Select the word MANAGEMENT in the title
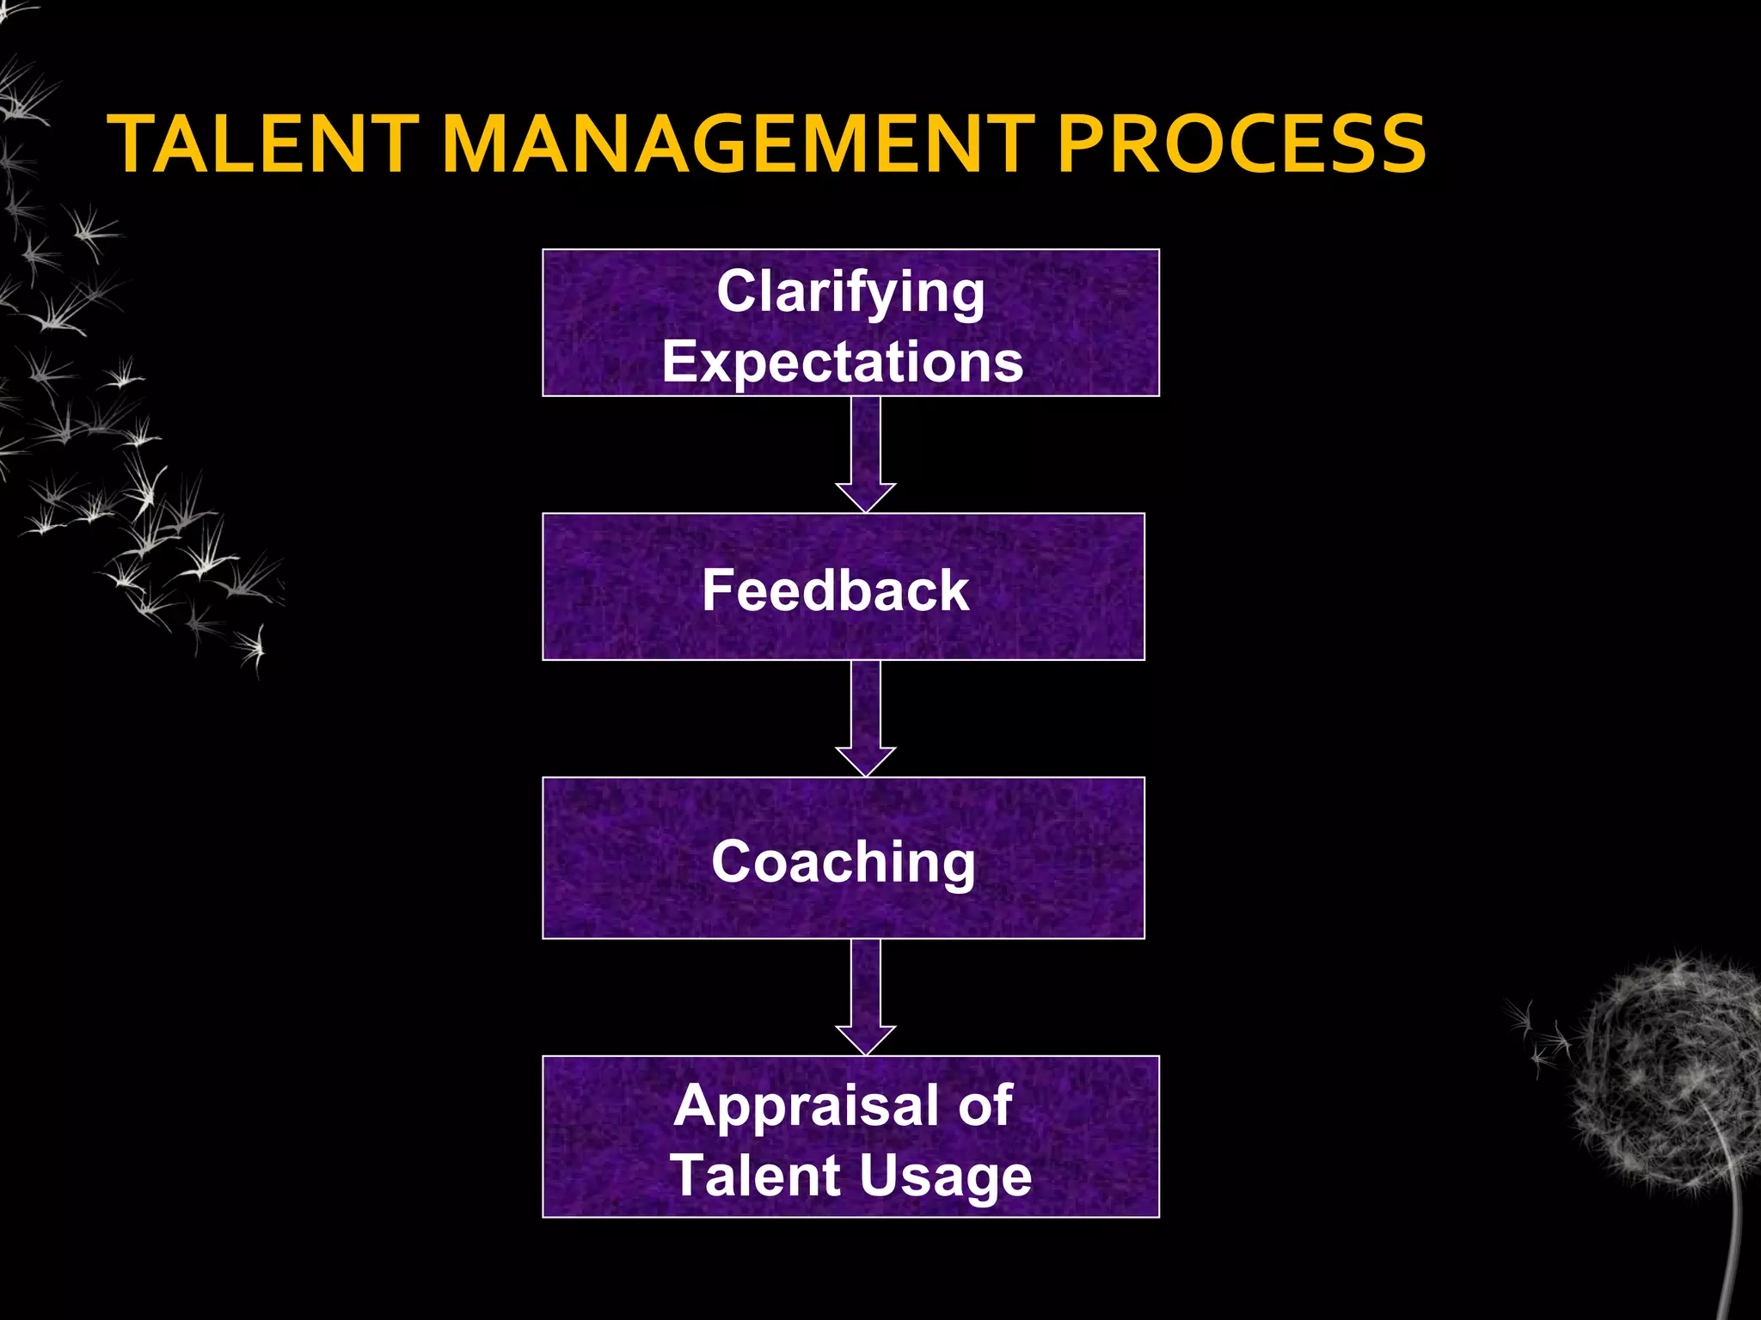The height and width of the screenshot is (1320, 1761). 739,144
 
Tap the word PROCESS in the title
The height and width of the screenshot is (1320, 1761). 1241,144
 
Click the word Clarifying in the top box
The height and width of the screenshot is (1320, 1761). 850,292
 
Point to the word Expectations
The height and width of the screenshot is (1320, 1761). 843,362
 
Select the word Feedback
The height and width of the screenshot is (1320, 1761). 835,590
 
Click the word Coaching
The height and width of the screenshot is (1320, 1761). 844,862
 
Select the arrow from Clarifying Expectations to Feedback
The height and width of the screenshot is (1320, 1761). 866,455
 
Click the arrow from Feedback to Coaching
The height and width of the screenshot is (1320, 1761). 866,719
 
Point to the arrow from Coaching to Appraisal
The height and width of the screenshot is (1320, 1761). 866,998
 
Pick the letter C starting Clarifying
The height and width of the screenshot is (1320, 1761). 738,292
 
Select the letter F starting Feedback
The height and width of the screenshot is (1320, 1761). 718,590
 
